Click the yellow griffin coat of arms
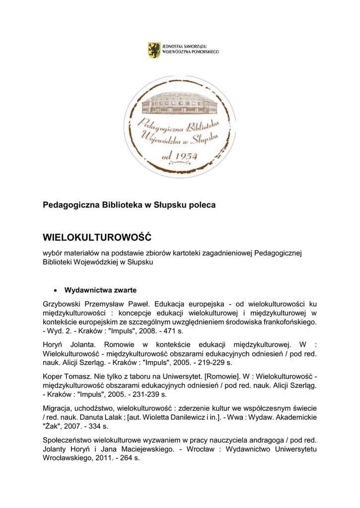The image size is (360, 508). [x=154, y=50]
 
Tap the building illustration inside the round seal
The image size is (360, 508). [x=179, y=103]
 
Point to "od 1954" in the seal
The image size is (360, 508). [x=180, y=156]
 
